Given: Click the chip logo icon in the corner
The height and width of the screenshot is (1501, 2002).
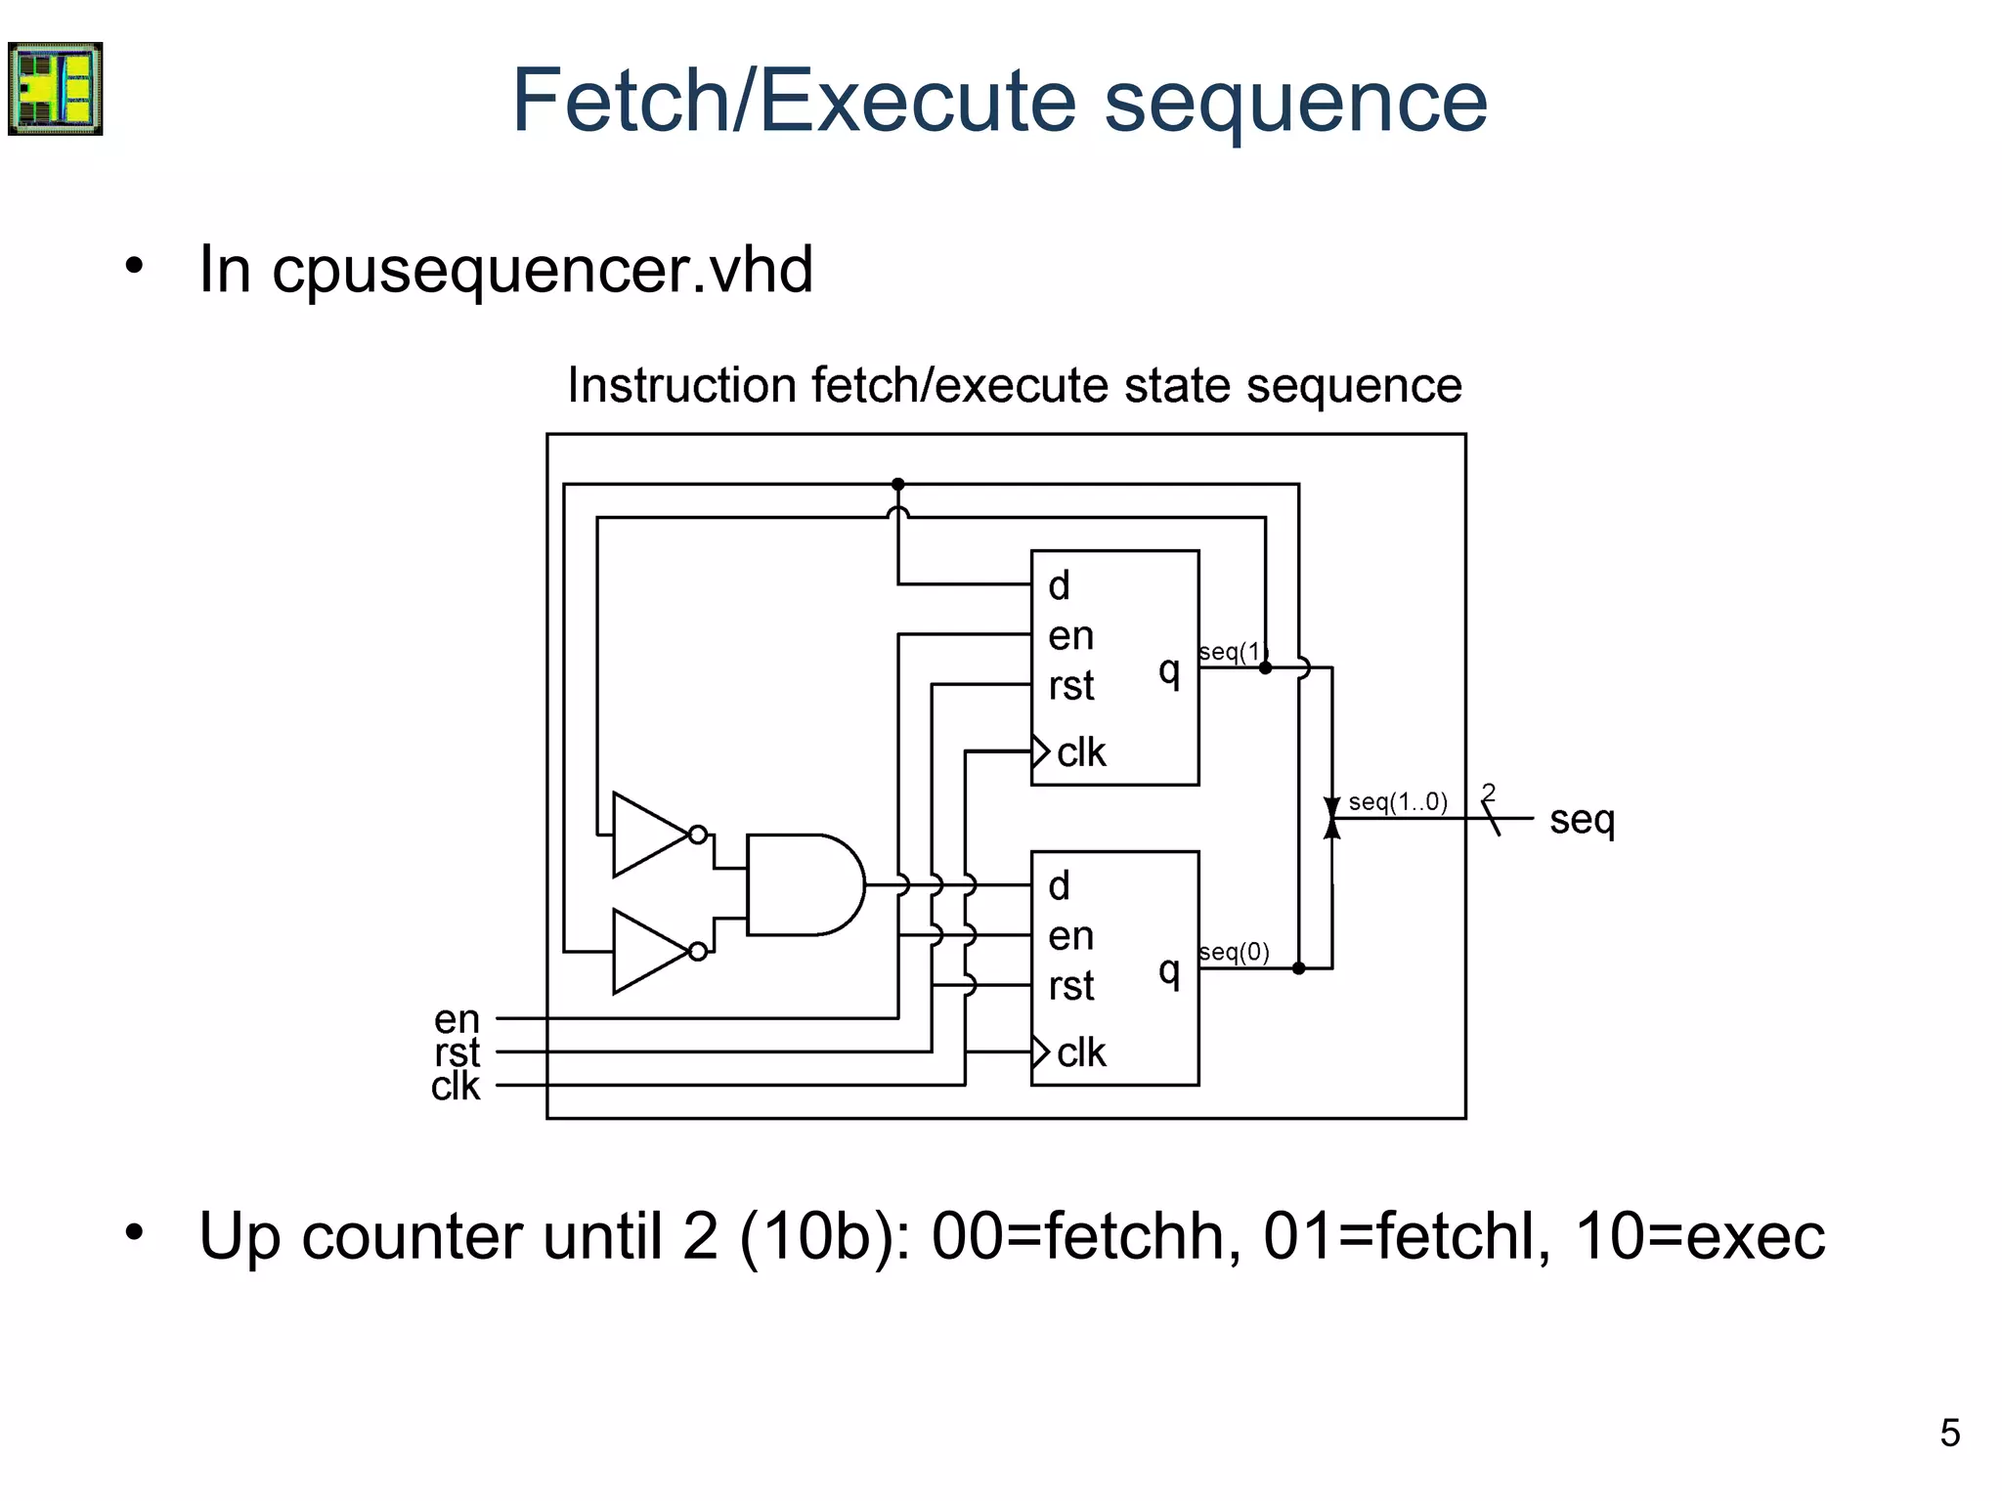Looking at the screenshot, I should coord(56,88).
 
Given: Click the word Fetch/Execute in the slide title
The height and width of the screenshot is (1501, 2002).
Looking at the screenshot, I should coord(794,101).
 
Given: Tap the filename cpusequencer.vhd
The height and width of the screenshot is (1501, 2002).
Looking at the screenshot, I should coord(542,270).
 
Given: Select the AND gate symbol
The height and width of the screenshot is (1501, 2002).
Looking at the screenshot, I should coord(802,884).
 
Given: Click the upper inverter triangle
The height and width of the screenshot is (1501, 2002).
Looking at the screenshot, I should coord(649,834).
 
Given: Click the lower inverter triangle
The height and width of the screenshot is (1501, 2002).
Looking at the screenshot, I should coord(649,951).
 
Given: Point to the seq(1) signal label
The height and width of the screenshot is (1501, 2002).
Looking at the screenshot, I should coord(1233,652).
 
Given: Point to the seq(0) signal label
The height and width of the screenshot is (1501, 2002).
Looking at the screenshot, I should coord(1234,952).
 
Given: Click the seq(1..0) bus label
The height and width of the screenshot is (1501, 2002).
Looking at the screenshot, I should coord(1397,802).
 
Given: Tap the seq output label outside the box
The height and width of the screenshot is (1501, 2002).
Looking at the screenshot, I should coord(1582,820).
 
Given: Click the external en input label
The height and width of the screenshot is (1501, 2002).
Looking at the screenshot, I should coord(457,1019).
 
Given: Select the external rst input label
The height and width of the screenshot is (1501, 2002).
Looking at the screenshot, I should coord(457,1052).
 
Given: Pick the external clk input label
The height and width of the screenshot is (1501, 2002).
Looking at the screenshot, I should coord(456,1086).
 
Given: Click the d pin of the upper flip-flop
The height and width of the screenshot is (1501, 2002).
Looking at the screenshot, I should coord(1059,585).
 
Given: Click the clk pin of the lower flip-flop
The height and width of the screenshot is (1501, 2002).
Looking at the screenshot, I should coord(1080,1052).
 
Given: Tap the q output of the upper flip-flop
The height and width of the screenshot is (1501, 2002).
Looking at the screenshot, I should coord(1169,669).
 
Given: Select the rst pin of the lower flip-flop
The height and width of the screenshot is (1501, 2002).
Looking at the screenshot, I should coord(1070,986).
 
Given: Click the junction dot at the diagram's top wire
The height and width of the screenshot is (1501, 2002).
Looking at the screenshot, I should coord(897,485).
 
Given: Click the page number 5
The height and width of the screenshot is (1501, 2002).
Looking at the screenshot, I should coord(1949,1434).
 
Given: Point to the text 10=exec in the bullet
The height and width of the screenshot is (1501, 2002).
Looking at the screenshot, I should coord(1699,1236).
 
